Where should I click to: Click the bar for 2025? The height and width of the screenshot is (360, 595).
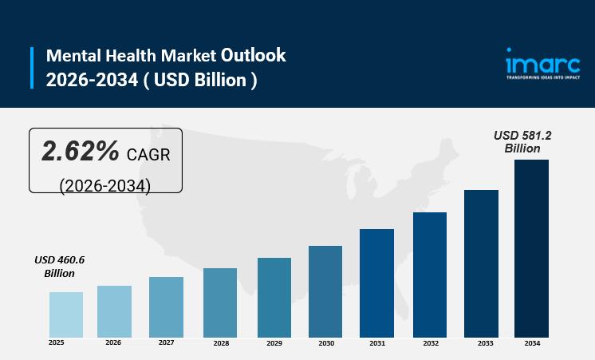tap(66, 315)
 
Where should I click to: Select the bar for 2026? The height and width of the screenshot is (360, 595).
tap(114, 311)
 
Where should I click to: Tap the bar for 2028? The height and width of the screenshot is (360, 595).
tap(219, 303)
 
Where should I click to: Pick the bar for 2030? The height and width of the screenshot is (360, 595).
tap(325, 291)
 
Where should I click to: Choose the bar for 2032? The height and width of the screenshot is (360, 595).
tap(430, 275)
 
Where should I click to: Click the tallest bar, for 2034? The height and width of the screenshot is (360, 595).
tap(531, 248)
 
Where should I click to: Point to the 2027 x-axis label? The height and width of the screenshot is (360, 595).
tap(166, 342)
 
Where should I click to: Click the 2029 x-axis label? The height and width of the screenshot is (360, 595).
tap(274, 343)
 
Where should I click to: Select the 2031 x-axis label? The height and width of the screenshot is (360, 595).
tap(377, 343)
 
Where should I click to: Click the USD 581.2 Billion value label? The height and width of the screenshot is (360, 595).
tap(522, 142)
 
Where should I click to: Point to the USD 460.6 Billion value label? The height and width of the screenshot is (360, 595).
tap(59, 267)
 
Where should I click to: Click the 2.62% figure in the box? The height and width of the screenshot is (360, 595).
tap(81, 151)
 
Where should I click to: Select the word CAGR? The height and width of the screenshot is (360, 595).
tap(148, 154)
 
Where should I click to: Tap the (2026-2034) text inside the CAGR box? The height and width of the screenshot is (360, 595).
tap(105, 184)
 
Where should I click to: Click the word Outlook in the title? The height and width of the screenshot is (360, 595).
tap(253, 55)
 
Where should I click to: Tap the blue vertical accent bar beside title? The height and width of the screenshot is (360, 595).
tap(33, 68)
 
